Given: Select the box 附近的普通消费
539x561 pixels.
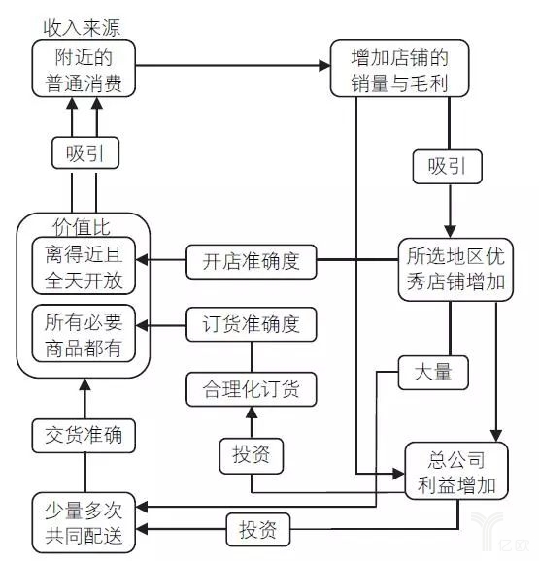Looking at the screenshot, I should coord(84,70).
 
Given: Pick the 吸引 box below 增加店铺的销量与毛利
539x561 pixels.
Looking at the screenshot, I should coord(448,166).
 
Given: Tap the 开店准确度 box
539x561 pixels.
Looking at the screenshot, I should coord(252,261).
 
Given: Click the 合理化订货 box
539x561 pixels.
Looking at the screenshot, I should coord(252,389).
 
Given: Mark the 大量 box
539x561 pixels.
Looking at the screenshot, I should coord(433,373).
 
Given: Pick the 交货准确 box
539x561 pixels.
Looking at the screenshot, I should coord(84,435).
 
